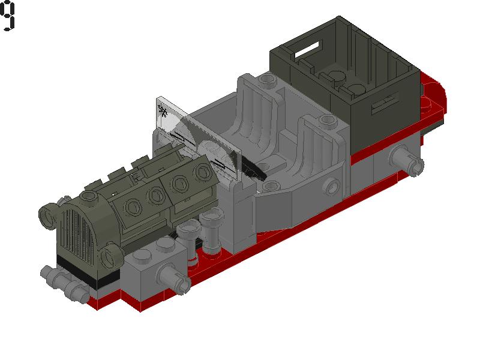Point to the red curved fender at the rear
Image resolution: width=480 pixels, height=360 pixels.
[435, 90]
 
